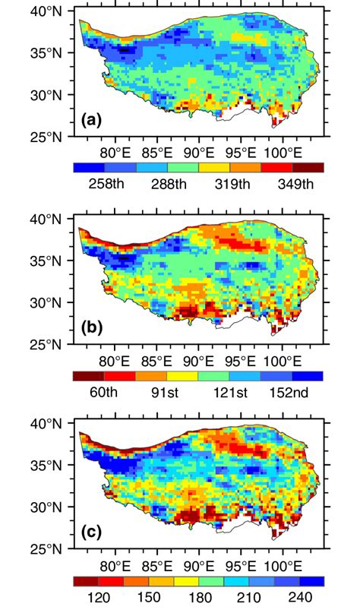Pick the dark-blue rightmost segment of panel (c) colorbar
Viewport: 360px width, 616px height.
pos(316,581)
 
